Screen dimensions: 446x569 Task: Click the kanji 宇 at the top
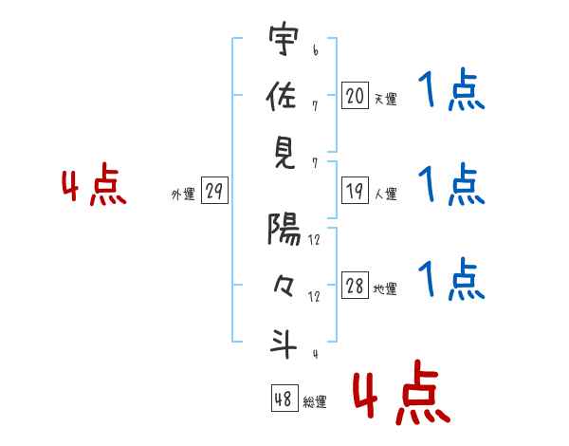[284, 41]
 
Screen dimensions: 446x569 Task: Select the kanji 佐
[284, 97]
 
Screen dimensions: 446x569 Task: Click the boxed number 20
[355, 95]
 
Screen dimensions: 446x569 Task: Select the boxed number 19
[355, 191]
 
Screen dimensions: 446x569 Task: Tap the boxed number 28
[355, 286]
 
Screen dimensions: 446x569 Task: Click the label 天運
[385, 99]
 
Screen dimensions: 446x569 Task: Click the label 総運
[315, 401]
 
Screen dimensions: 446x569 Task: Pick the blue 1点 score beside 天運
[450, 92]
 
